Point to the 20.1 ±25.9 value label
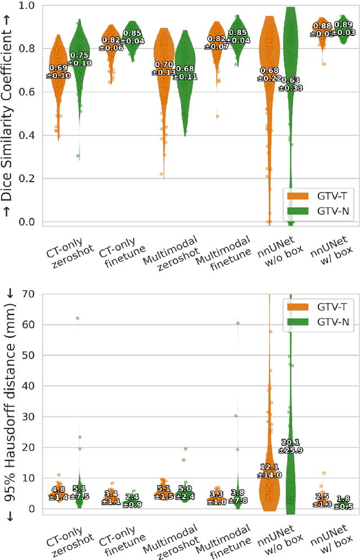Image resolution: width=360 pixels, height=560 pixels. pyautogui.click(x=291, y=445)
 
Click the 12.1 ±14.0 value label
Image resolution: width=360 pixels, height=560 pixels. pyautogui.click(x=270, y=471)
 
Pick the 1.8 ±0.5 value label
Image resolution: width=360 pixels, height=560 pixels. pyautogui.click(x=343, y=502)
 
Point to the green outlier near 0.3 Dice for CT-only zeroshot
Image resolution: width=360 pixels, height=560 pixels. pyautogui.click(x=78, y=156)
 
